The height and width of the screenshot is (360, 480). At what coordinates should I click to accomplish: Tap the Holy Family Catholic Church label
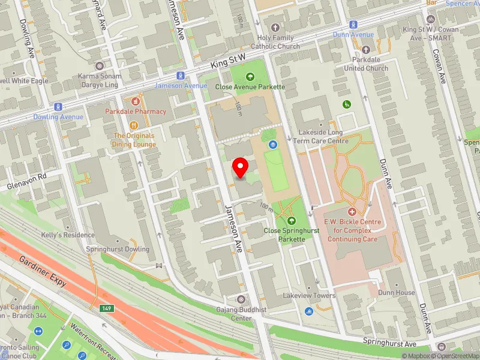275,42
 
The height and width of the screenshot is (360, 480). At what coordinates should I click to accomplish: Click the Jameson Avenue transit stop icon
180,76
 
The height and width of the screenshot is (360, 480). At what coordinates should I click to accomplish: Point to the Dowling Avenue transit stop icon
58,106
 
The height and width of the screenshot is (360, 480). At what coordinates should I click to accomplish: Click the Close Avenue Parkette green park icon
250,76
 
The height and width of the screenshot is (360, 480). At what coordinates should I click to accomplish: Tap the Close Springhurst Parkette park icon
292,221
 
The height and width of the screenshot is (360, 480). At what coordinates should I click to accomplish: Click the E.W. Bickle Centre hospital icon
352,212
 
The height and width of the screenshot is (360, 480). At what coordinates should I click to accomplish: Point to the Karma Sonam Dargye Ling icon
100,66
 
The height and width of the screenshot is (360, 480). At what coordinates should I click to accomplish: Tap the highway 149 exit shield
107,308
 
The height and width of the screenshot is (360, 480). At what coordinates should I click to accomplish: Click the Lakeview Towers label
310,296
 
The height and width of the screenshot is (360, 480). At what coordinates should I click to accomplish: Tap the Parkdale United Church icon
365,50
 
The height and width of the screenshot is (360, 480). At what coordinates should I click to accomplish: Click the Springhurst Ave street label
390,343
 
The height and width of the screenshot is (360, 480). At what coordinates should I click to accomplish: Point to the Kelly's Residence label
68,235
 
